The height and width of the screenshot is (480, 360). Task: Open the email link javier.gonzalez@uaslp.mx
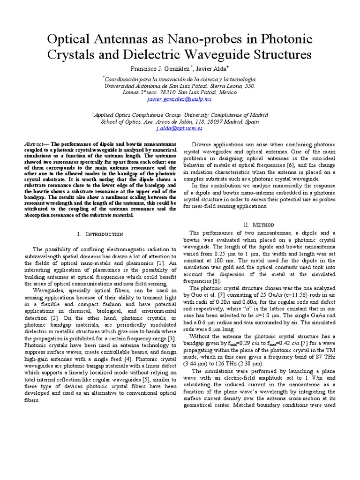tap(179, 99)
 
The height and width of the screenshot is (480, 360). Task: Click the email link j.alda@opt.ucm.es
tap(180, 127)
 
